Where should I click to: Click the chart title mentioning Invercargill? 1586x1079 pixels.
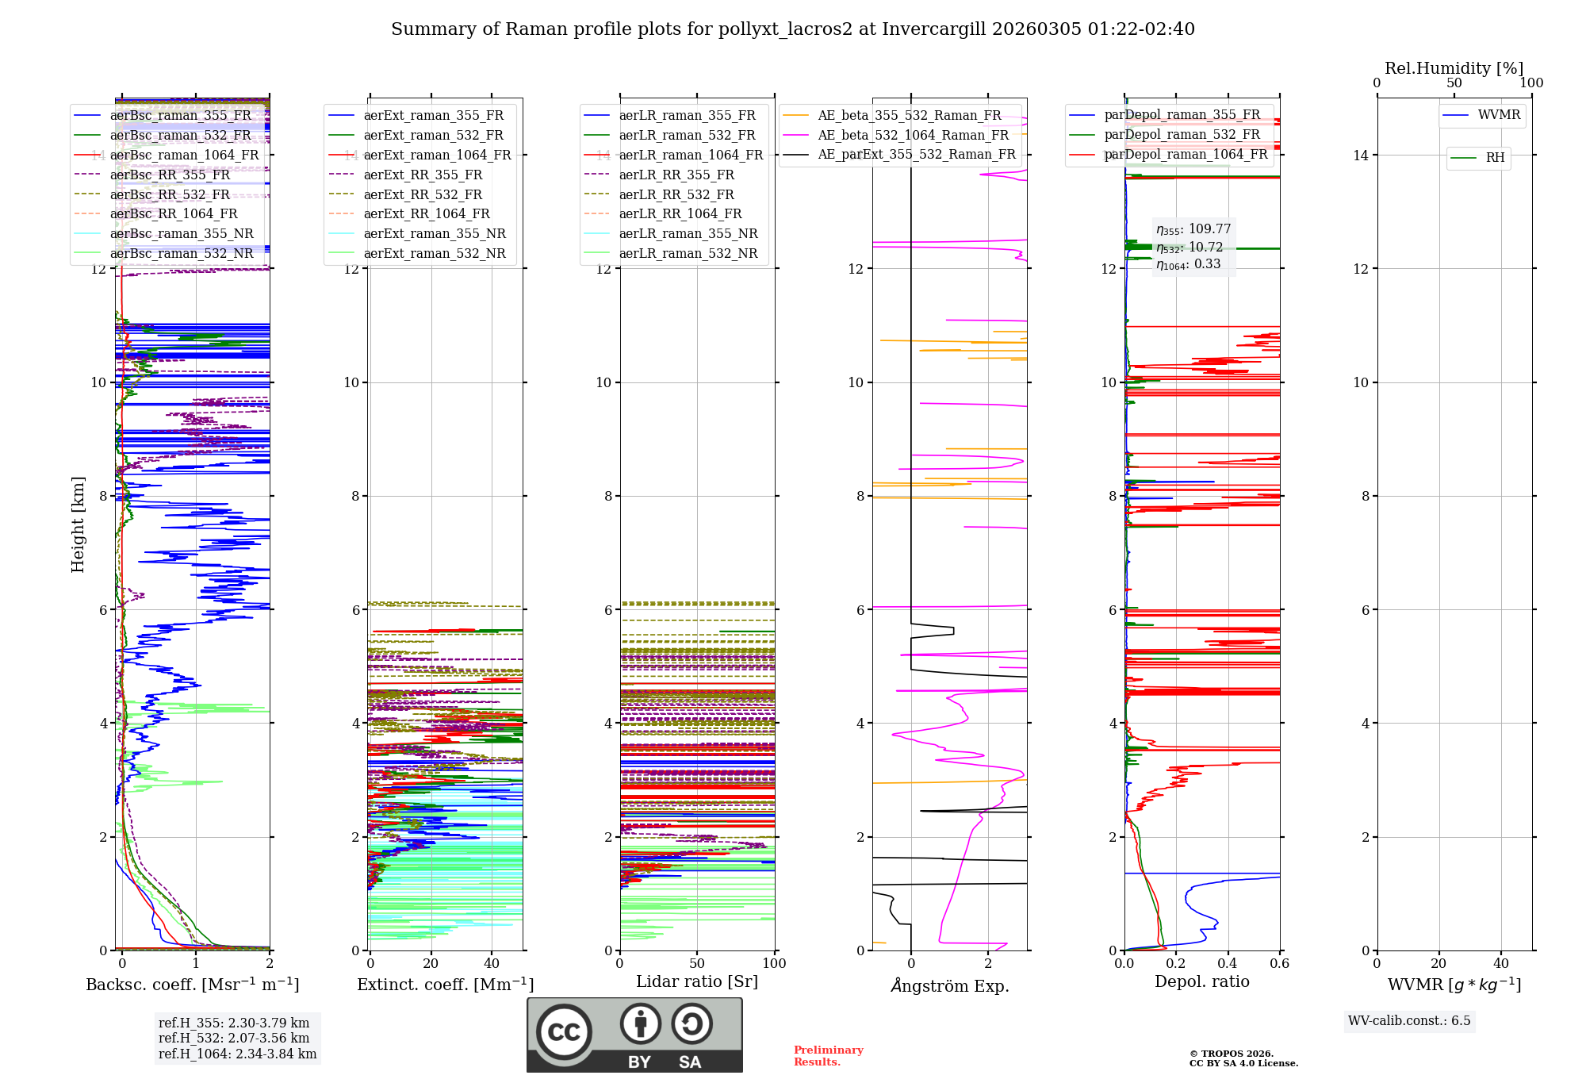[x=792, y=29]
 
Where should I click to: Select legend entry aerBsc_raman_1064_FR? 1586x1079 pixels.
[x=184, y=155]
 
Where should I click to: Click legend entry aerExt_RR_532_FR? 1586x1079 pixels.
[x=422, y=194]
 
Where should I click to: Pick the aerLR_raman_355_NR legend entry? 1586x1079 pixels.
[x=688, y=233]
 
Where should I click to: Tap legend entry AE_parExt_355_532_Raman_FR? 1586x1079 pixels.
[x=916, y=154]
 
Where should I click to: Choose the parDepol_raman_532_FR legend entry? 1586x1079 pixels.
[x=1182, y=135]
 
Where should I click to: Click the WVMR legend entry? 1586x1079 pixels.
[x=1498, y=115]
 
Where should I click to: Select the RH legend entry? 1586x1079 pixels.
[x=1494, y=158]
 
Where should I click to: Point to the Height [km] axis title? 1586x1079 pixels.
[x=78, y=524]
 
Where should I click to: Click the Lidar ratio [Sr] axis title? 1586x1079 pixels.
[x=696, y=981]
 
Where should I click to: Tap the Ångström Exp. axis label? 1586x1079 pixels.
[x=949, y=985]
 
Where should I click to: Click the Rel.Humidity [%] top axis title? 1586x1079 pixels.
[x=1454, y=68]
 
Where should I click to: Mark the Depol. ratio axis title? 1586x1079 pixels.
[x=1201, y=981]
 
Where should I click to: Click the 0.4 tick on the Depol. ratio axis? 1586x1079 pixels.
[x=1228, y=963]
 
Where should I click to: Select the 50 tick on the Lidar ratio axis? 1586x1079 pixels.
[x=697, y=963]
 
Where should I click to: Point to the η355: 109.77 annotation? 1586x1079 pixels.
[x=1193, y=229]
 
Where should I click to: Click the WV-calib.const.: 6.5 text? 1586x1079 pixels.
[x=1408, y=1020]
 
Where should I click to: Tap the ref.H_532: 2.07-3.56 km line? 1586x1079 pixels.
[x=234, y=1038]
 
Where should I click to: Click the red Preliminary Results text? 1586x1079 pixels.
[x=828, y=1055]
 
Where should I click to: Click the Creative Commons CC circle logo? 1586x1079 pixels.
[x=564, y=1031]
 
